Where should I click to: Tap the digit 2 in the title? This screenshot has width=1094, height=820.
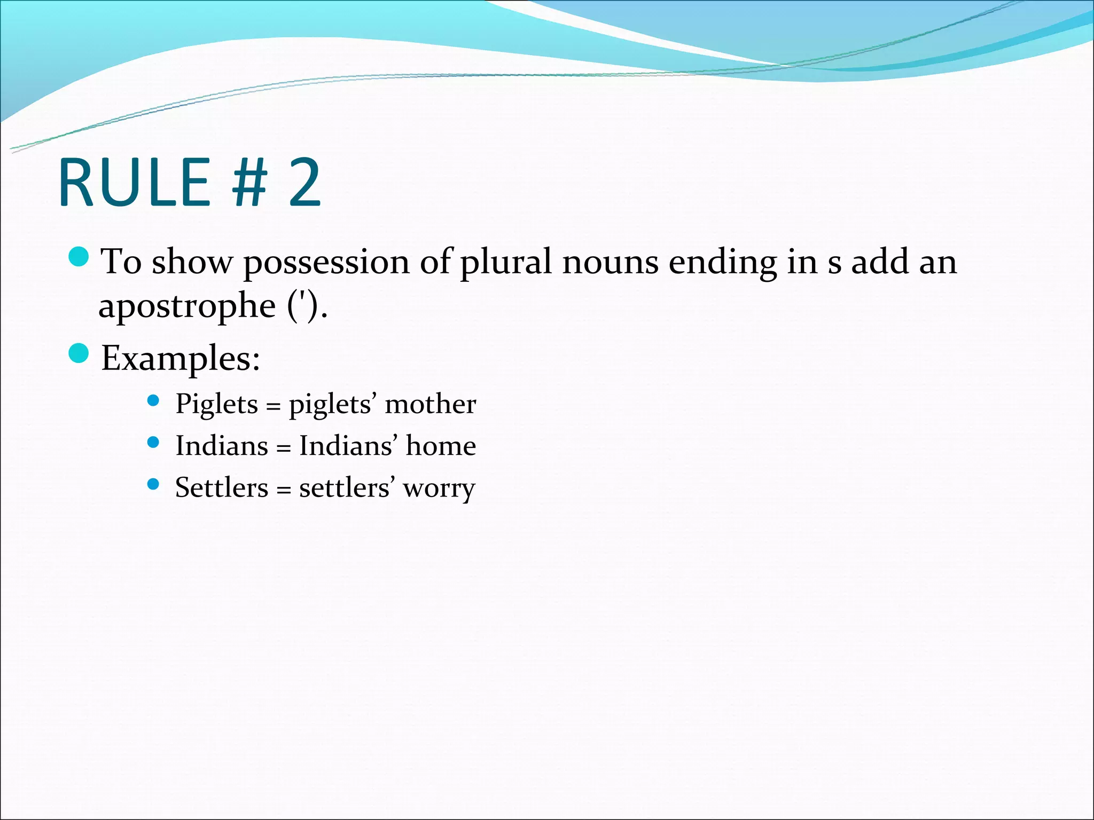(x=305, y=183)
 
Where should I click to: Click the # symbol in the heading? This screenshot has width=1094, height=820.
(x=248, y=183)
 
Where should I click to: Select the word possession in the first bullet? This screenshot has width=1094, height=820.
(x=326, y=263)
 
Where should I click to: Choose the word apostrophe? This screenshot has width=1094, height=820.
(x=187, y=306)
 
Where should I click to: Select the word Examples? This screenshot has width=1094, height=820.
(x=181, y=359)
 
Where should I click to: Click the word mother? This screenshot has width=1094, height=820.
(x=430, y=404)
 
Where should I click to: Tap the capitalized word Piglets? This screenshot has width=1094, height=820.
(x=217, y=404)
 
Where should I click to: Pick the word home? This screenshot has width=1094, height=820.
(x=441, y=446)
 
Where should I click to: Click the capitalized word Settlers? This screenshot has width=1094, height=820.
(x=222, y=487)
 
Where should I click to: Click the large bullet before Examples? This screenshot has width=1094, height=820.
(x=79, y=353)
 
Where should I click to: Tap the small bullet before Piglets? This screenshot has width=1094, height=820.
(x=153, y=400)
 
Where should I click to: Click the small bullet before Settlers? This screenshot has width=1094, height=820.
(x=153, y=484)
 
